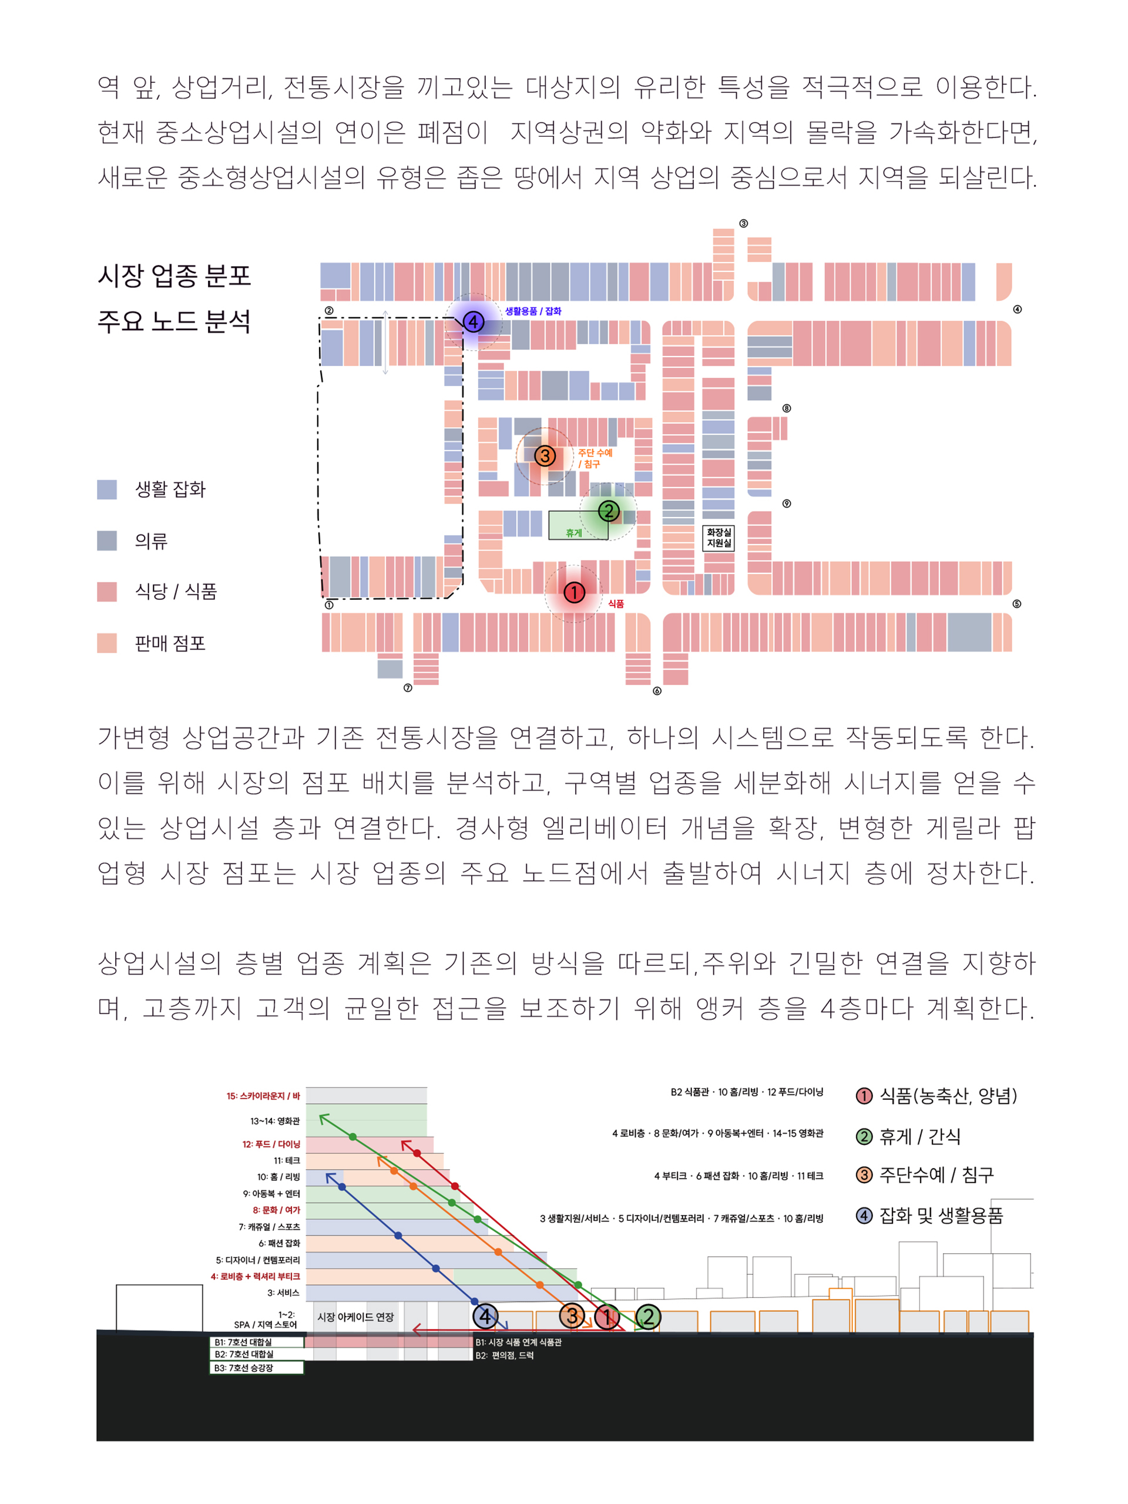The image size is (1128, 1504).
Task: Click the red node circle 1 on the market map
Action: click(x=574, y=592)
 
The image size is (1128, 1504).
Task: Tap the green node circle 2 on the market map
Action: click(x=609, y=511)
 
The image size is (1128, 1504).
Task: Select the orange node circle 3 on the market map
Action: click(x=545, y=455)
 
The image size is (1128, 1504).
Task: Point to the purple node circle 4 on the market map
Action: click(x=473, y=321)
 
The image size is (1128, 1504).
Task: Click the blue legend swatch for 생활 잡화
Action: click(x=107, y=489)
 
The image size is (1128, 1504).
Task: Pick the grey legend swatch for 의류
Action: click(x=107, y=540)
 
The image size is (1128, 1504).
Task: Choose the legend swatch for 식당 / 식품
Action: click(x=107, y=592)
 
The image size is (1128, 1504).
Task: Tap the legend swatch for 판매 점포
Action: click(x=107, y=643)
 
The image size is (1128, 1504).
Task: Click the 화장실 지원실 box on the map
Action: click(x=719, y=537)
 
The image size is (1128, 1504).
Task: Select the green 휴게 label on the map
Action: click(x=574, y=533)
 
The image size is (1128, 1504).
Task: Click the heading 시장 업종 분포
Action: click(x=174, y=276)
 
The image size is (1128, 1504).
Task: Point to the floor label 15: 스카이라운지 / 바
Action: click(x=263, y=1096)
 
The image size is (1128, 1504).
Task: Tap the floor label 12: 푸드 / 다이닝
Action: click(x=271, y=1144)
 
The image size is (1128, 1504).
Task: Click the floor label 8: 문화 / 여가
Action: click(x=277, y=1210)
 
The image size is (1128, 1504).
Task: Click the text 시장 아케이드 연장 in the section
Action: click(x=355, y=1317)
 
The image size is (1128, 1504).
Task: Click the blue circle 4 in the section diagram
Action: click(x=485, y=1317)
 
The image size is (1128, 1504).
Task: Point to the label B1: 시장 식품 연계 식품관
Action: click(x=519, y=1342)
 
